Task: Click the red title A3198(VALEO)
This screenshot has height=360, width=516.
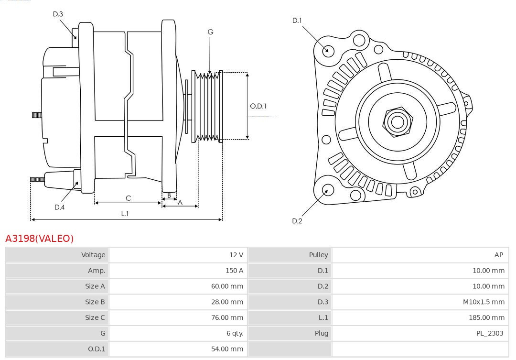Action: [40, 238]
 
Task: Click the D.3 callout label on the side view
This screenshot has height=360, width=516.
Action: [58, 14]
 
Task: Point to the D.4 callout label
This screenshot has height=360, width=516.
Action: [59, 207]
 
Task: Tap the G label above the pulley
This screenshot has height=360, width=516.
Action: [210, 32]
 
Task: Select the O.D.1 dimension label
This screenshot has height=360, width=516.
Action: [258, 106]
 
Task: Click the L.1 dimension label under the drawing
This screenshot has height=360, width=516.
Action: [125, 214]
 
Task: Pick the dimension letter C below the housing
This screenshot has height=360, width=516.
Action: [128, 198]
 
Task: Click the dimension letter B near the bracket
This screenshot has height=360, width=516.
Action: [169, 196]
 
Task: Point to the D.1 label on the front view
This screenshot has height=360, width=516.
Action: [297, 20]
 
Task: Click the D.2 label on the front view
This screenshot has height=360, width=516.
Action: [297, 221]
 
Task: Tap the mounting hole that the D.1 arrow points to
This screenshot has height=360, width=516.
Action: [328, 50]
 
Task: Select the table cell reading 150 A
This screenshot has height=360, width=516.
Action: [234, 271]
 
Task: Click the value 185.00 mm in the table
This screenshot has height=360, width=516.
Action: [486, 317]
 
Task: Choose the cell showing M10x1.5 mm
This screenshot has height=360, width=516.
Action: [484, 302]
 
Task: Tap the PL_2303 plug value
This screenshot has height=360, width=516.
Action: [489, 333]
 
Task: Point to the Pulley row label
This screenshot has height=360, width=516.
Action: [318, 255]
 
